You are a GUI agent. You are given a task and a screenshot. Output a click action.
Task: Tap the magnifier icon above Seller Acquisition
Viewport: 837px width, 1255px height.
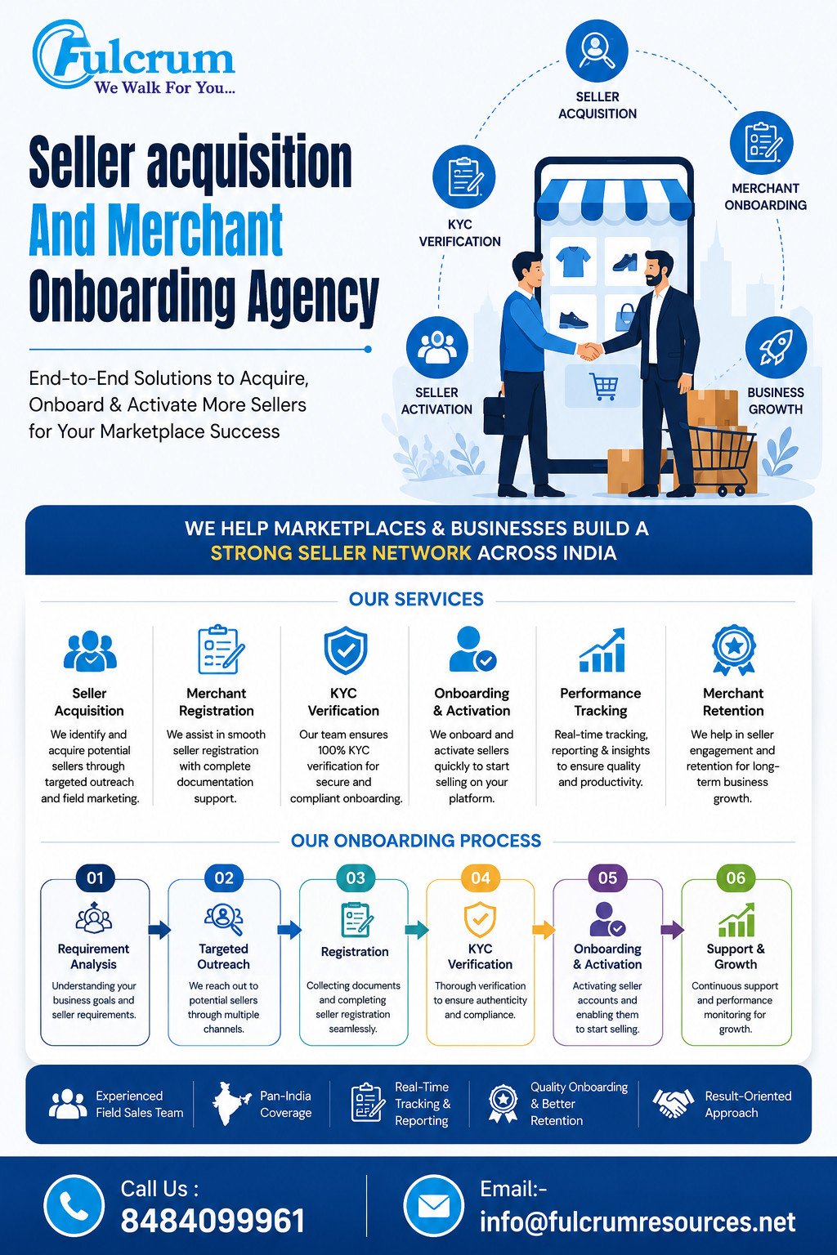click(x=597, y=50)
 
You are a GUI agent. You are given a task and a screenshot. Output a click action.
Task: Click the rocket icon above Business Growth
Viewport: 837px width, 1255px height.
click(x=776, y=346)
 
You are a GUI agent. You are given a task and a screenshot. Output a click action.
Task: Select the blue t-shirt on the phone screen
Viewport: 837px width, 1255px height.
click(x=573, y=261)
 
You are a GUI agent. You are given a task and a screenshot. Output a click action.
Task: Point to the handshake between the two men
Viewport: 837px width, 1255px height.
click(x=590, y=352)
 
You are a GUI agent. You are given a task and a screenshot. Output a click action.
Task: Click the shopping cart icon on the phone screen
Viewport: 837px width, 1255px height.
click(x=604, y=386)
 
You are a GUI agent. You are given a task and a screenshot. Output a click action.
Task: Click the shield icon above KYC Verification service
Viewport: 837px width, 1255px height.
click(x=345, y=650)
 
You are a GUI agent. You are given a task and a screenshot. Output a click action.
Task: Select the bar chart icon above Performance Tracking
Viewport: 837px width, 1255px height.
click(x=602, y=650)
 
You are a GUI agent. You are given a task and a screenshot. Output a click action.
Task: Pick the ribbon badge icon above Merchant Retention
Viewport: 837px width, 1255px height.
click(x=733, y=650)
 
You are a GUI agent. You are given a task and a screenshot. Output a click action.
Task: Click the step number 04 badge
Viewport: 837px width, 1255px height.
click(x=481, y=878)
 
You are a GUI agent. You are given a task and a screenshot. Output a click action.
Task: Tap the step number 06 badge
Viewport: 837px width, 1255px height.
click(x=736, y=878)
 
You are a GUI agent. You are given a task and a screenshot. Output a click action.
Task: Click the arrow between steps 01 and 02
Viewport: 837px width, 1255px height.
click(x=159, y=930)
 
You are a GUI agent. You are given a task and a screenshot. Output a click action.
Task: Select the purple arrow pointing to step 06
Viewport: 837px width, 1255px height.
click(x=672, y=930)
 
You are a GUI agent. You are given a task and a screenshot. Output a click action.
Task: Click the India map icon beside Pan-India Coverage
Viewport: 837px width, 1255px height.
click(x=231, y=1104)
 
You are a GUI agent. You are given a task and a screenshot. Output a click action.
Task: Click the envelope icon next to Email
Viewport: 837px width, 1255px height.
click(x=433, y=1206)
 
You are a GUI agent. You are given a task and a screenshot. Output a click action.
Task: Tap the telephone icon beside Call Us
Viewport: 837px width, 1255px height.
click(x=74, y=1206)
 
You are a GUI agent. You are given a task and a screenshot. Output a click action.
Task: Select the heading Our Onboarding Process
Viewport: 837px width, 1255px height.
click(x=416, y=841)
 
